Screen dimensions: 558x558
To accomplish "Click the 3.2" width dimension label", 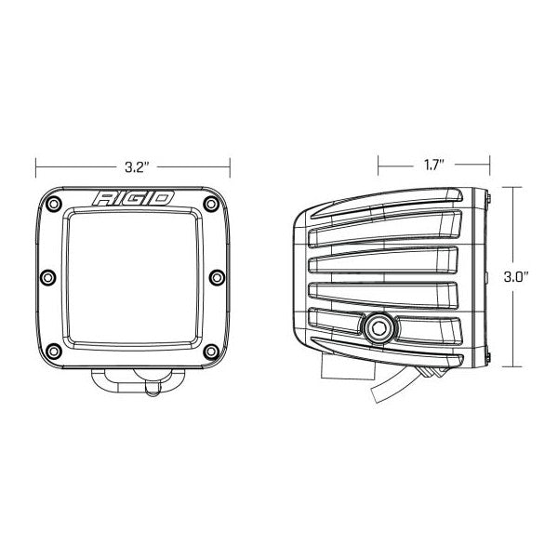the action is click(137, 166).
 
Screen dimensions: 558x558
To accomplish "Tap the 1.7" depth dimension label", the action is click(434, 165).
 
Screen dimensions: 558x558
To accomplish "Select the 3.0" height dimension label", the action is click(515, 277).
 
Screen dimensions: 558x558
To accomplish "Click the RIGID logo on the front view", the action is click(133, 198).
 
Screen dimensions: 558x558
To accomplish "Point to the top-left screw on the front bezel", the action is click(54, 204).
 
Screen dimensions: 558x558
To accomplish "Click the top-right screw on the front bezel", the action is click(211, 204).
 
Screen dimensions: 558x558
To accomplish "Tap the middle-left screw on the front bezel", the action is click(48, 277).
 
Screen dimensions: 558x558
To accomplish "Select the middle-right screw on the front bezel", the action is click(217, 277).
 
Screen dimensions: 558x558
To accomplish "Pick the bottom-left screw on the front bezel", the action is click(54, 352).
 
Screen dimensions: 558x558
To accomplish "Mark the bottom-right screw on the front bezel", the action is click(211, 352).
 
